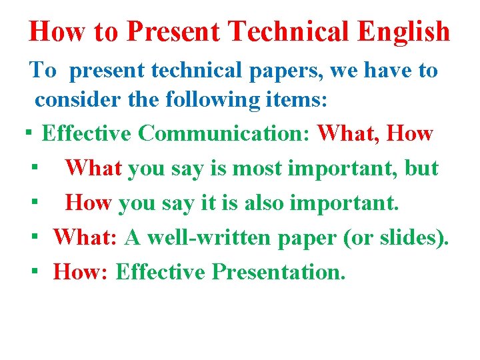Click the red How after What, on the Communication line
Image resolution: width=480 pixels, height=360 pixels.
409,133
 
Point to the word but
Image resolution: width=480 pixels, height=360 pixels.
421,168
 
